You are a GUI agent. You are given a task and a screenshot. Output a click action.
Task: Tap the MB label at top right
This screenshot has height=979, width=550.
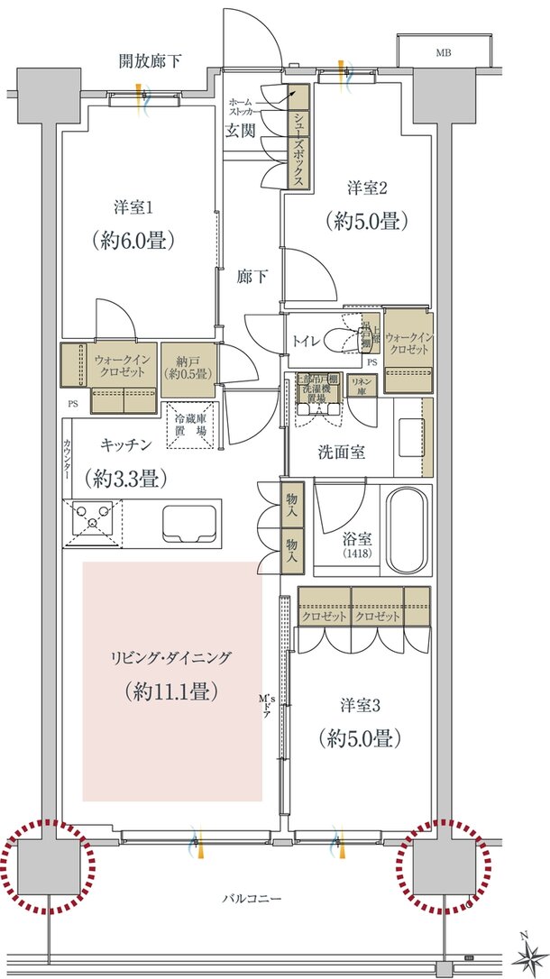pos(443,53)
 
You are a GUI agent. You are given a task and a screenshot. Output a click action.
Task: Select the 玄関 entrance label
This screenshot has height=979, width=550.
pos(239,131)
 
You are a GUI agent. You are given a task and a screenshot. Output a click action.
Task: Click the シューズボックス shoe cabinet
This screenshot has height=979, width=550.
pos(298,136)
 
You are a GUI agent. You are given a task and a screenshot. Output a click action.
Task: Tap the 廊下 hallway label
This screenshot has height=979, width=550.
pos(250,277)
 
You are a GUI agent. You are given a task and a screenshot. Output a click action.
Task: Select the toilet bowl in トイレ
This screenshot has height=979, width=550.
pos(341,340)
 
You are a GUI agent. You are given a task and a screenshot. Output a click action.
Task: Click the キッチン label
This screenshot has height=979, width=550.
pos(125,444)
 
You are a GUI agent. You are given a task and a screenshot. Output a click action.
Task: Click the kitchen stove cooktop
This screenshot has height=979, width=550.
pos(93,522)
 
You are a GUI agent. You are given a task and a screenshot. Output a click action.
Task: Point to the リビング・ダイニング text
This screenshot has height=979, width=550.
pos(171,658)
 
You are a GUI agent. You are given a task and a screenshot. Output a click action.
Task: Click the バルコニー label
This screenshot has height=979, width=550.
pos(252,899)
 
